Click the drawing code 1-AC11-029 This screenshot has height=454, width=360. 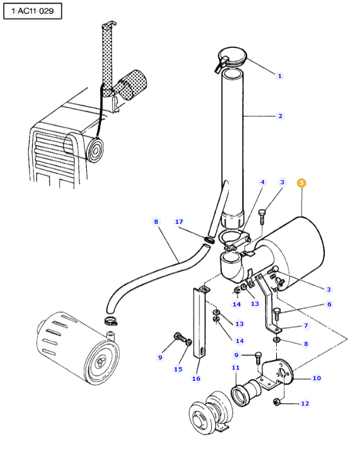point(32,11)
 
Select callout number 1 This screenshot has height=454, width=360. point(280,76)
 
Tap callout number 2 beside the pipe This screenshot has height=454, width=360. point(280,116)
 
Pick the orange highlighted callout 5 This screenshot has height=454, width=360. point(302,182)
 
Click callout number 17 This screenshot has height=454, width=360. point(179,221)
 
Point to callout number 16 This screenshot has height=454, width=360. point(196,378)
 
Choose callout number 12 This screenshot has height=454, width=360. point(305,403)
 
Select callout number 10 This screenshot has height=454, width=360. point(316,378)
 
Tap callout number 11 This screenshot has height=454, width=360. point(235,367)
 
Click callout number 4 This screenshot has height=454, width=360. point(263,182)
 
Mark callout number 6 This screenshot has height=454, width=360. point(329,304)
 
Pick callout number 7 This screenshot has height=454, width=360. point(306,325)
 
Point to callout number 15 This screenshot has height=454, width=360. point(178,369)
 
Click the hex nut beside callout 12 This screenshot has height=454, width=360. point(276,402)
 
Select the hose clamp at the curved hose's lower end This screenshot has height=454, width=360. point(111,321)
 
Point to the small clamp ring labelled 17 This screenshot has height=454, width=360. point(210,240)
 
